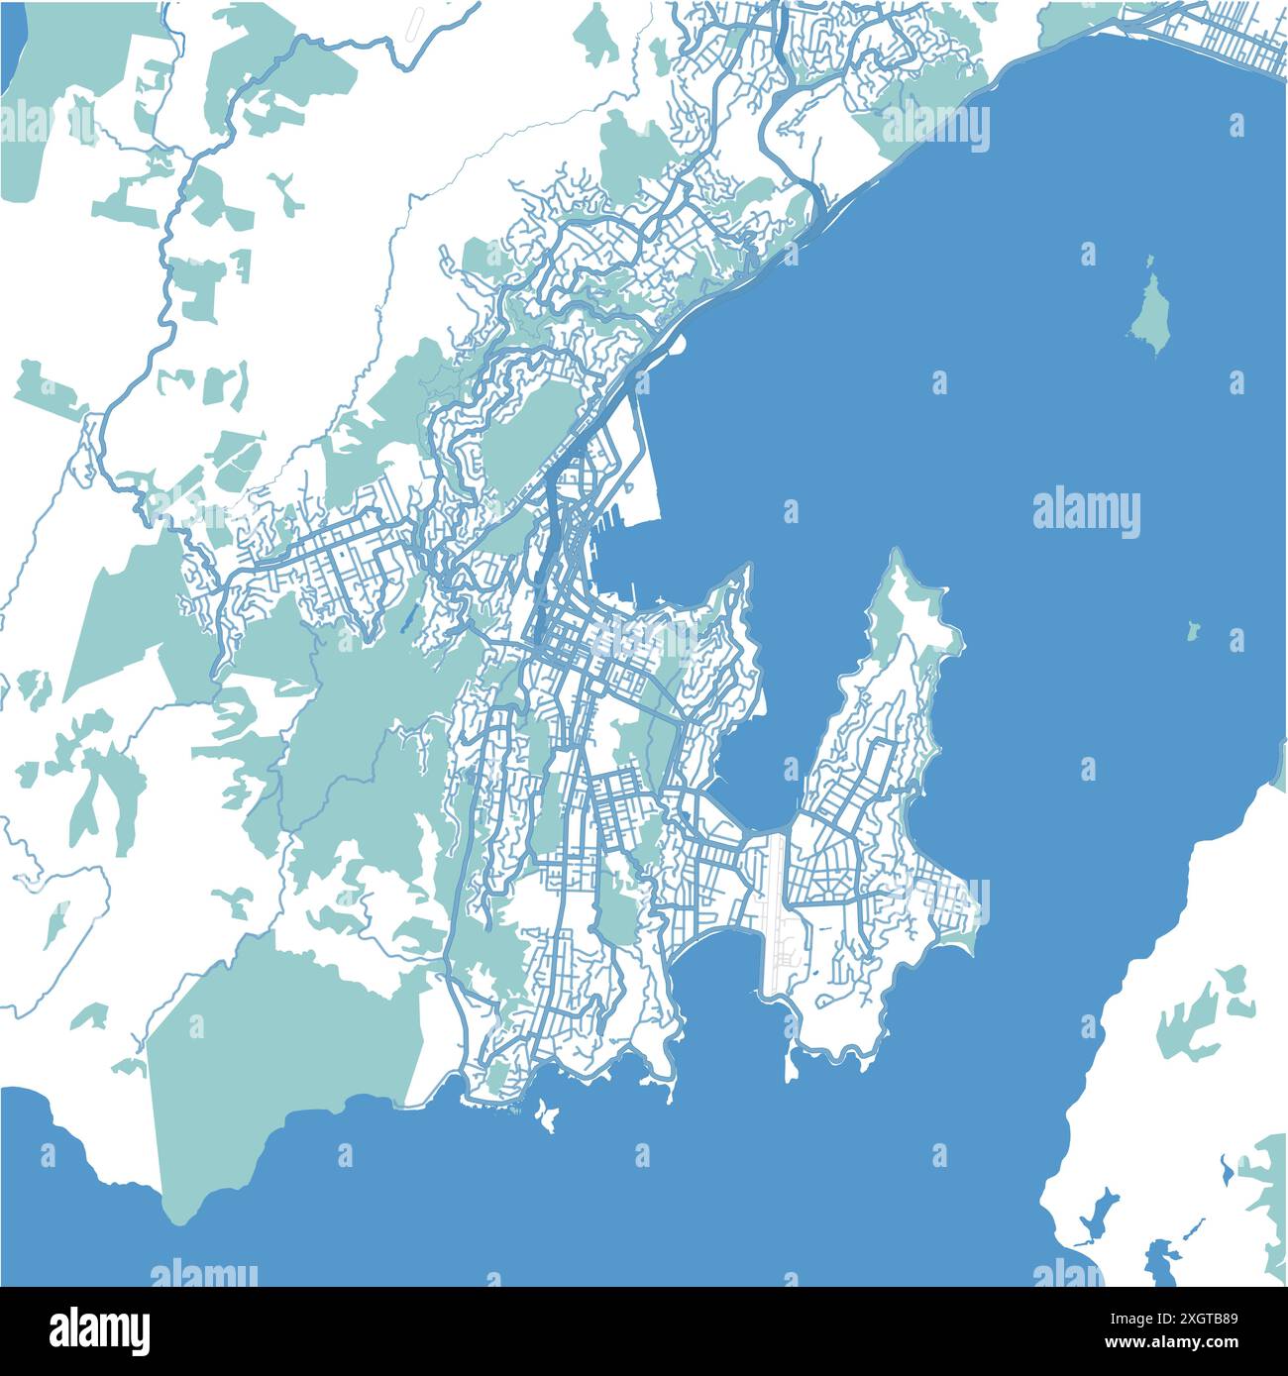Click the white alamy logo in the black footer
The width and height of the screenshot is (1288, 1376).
100,1327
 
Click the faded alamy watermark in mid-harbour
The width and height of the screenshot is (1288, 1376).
1086,513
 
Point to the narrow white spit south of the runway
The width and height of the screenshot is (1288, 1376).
791,1065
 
